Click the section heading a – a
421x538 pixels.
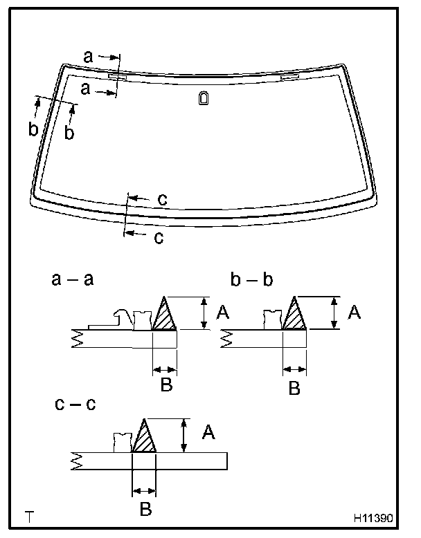(x=73, y=279)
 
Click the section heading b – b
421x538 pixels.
(x=253, y=279)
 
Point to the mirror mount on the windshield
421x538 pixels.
(x=203, y=98)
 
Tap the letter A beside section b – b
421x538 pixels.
(x=354, y=313)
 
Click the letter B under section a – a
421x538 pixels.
(x=165, y=385)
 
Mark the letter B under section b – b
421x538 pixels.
(x=294, y=389)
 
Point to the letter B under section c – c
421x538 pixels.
(x=144, y=510)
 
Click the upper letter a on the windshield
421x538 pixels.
(x=88, y=58)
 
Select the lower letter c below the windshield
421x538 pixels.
(x=158, y=239)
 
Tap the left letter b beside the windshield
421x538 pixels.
(x=33, y=129)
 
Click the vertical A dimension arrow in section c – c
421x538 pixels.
(x=183, y=435)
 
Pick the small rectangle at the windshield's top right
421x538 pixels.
(x=290, y=77)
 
